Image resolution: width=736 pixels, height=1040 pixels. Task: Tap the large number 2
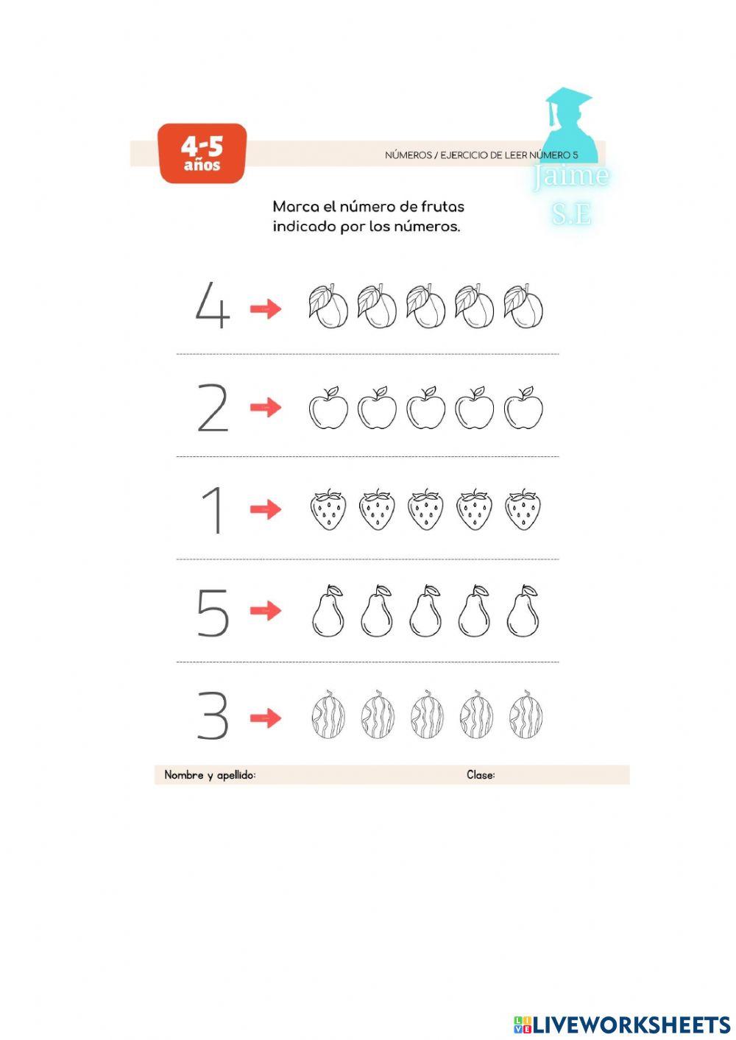(x=213, y=408)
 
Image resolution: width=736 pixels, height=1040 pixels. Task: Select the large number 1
(x=213, y=510)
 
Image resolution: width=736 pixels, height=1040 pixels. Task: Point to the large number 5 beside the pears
(x=213, y=612)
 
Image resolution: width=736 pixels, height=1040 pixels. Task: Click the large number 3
(x=213, y=715)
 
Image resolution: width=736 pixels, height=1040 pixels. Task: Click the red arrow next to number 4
(x=266, y=308)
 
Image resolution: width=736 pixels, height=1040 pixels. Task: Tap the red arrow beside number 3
(x=266, y=718)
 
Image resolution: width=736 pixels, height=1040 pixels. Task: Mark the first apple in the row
(x=328, y=408)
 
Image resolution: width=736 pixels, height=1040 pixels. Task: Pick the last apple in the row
(x=523, y=408)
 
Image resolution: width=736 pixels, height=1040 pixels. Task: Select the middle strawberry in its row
(x=425, y=509)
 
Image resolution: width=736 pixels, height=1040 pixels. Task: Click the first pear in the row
(x=328, y=612)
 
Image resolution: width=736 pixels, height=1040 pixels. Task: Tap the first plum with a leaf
(x=328, y=306)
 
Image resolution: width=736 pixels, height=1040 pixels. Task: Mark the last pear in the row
(x=523, y=612)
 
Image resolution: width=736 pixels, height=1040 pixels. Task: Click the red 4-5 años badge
(x=202, y=153)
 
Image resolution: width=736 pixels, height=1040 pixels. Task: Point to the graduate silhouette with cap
(x=569, y=125)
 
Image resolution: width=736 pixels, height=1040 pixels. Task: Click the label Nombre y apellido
(x=210, y=775)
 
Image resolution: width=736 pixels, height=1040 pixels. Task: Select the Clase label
(x=481, y=775)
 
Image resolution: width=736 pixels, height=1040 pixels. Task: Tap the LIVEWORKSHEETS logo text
(x=631, y=1025)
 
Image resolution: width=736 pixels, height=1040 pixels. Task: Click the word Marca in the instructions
(x=296, y=207)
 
